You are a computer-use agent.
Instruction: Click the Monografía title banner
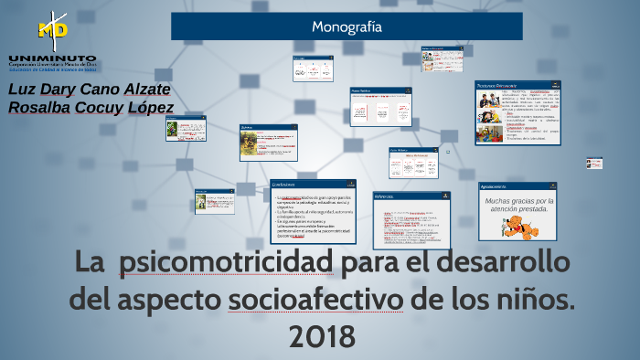347,26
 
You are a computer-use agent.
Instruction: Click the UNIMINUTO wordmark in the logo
52,58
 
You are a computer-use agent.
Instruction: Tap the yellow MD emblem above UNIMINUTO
52,29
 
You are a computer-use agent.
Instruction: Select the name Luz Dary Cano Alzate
89,90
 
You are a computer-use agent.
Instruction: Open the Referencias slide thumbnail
411,219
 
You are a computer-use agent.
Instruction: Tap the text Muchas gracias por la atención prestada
517,205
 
